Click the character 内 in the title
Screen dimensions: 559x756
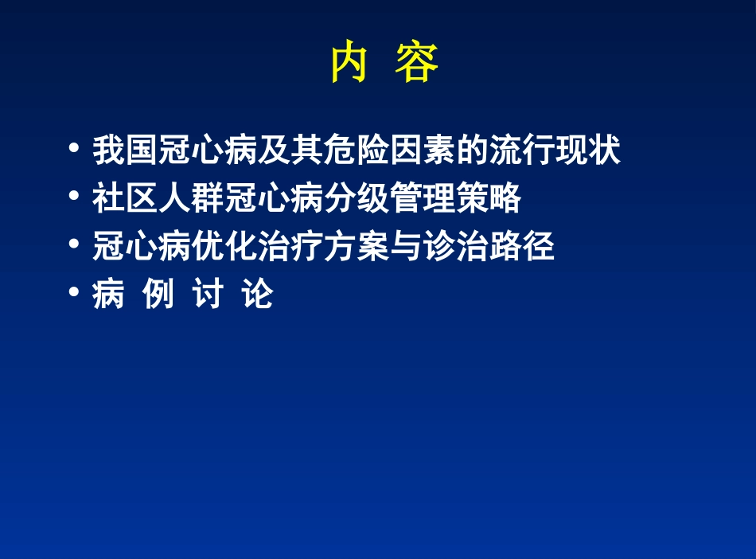coord(349,64)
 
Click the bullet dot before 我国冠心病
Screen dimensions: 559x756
coord(74,149)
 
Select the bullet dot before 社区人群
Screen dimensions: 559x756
coord(74,197)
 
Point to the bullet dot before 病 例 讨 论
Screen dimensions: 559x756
coord(74,294)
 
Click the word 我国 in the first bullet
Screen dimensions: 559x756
coord(125,150)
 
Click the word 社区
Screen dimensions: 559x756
coord(125,198)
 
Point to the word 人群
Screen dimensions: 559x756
coord(191,198)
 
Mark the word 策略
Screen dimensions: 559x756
coord(488,198)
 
